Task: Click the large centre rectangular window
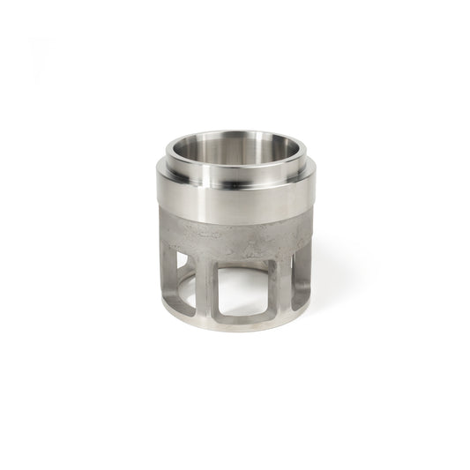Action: [240, 291]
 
